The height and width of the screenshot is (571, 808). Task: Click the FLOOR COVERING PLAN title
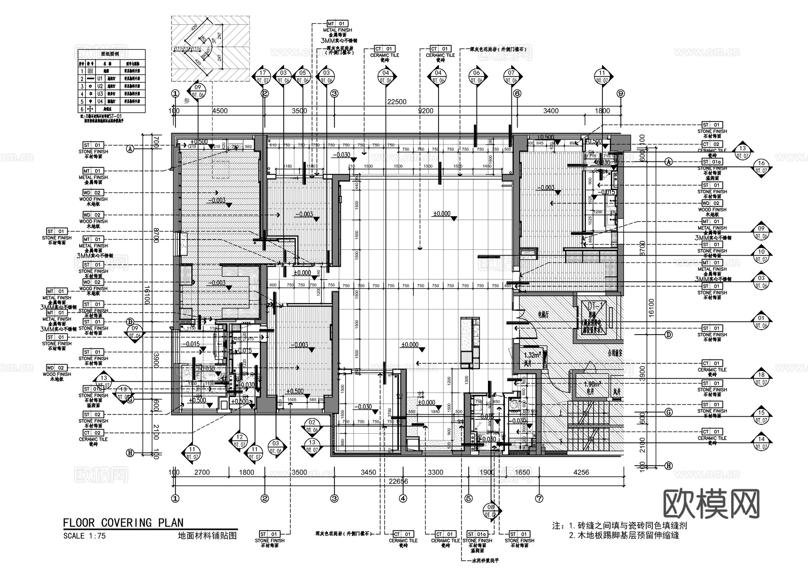tap(123, 523)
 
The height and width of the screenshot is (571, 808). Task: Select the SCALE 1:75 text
tap(84, 536)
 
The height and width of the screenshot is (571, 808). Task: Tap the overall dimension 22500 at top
tap(396, 102)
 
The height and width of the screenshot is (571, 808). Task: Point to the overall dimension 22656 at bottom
tap(399, 481)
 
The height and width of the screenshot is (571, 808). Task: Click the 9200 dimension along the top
tap(426, 111)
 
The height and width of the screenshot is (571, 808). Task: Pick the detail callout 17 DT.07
tap(263, 77)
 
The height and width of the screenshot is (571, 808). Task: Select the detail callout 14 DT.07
tap(761, 442)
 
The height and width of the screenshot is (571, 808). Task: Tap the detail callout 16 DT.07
tap(761, 167)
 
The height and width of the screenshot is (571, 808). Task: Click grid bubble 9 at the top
tap(621, 94)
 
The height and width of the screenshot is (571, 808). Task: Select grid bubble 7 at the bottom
tap(539, 498)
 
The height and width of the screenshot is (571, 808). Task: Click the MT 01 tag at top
tap(337, 24)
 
